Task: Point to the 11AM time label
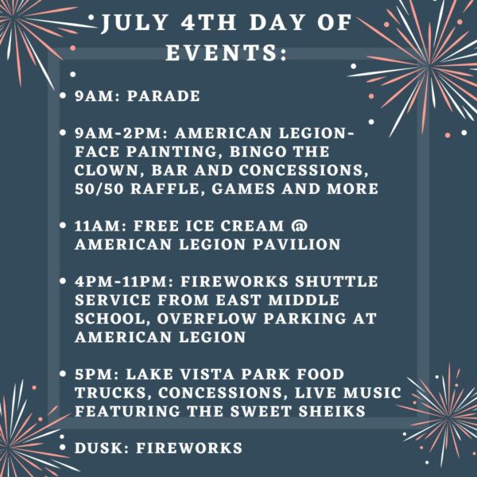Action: coord(97,226)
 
